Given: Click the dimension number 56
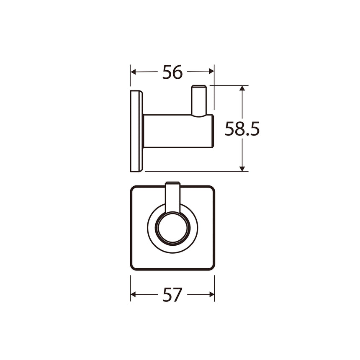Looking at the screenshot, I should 172,72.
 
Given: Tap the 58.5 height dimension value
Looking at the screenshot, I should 242,129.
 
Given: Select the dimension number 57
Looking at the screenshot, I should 172,295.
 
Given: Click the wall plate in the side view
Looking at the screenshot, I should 136,131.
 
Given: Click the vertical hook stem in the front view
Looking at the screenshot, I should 172,199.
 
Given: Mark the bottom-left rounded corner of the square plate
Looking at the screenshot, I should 134,267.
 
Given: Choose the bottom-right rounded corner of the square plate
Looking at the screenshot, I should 212,267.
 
